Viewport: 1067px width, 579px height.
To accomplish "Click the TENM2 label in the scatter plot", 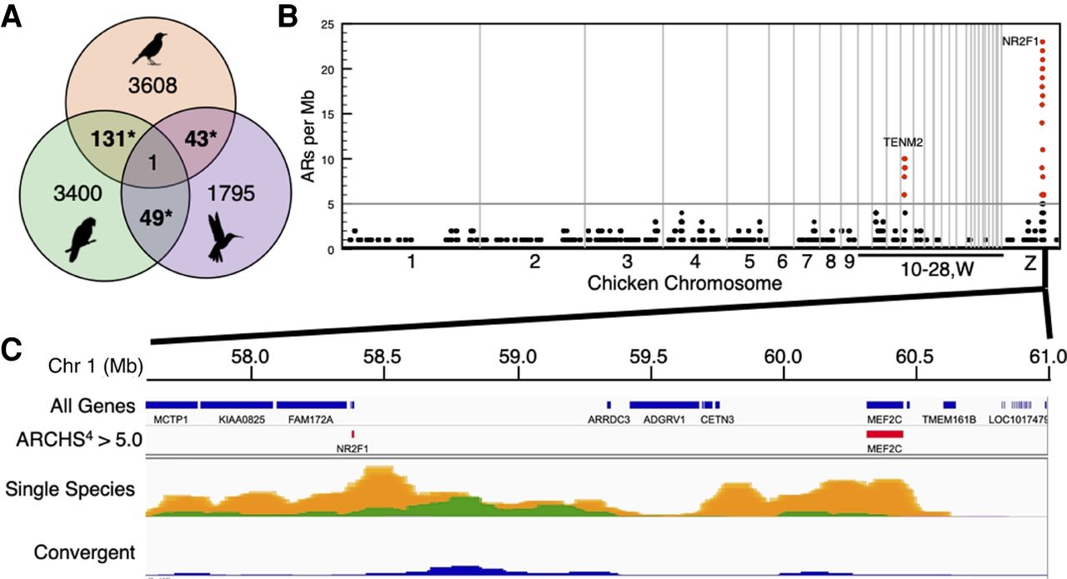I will [x=903, y=142].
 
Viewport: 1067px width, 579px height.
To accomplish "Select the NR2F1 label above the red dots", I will [x=1019, y=39].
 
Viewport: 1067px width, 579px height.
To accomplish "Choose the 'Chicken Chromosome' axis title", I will [x=684, y=283].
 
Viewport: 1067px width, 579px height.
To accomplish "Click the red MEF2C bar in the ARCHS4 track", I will [x=884, y=434].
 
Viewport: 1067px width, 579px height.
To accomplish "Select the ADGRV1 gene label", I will [x=664, y=420].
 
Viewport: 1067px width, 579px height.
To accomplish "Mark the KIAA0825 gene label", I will [x=241, y=420].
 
